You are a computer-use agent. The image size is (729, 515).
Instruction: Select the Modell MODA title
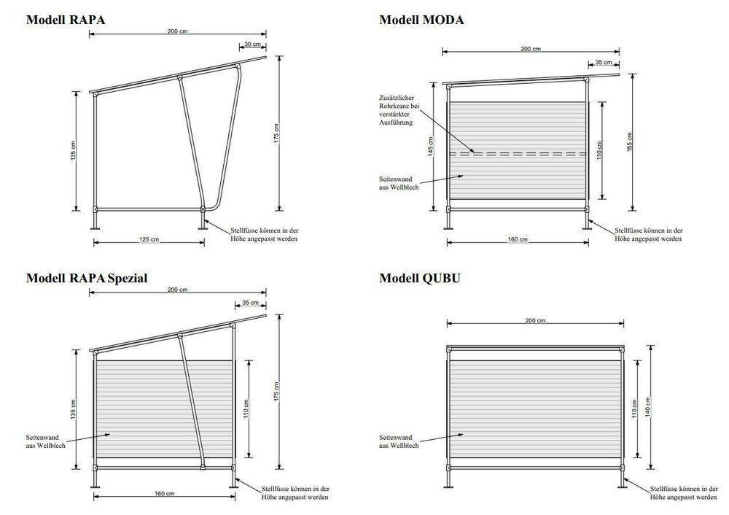coord(421,20)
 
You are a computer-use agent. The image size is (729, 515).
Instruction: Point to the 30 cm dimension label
coord(252,44)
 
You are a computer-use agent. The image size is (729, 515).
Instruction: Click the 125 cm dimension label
coord(149,239)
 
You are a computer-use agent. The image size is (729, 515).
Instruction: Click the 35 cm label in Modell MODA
coord(604,63)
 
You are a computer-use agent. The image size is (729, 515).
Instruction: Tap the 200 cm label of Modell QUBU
coord(536,321)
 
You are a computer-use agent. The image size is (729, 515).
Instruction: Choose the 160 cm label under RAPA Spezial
coord(163,494)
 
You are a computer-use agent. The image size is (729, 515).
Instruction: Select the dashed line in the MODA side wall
coord(518,153)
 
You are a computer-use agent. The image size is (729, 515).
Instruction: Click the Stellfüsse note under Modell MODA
coord(648,233)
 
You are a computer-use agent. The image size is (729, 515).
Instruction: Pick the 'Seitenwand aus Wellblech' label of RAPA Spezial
coord(44,441)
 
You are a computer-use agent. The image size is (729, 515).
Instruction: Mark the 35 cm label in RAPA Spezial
coord(249,302)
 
